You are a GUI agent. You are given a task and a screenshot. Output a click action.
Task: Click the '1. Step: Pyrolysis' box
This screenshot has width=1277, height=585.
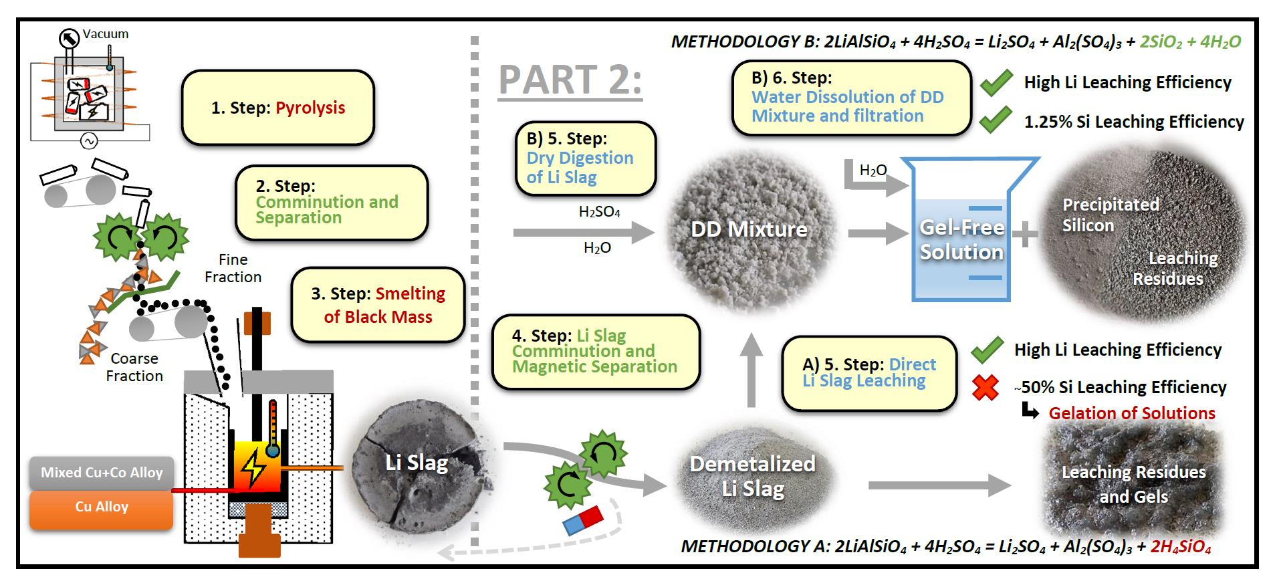pos(277,108)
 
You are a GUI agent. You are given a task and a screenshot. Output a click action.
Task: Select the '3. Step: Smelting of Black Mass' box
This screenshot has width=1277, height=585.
pos(378,305)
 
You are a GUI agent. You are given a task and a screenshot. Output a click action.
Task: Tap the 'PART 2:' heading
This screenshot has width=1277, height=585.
pos(570,80)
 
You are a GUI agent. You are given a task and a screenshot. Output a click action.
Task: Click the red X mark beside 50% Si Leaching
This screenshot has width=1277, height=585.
pos(985,387)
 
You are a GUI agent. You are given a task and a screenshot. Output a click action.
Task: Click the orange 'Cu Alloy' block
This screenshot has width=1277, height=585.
pos(102,507)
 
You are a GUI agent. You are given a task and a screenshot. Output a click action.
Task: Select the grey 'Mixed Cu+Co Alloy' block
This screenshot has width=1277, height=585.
pos(102,473)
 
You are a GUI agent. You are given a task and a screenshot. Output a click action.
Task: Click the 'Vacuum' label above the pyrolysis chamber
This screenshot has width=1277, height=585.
pos(106,34)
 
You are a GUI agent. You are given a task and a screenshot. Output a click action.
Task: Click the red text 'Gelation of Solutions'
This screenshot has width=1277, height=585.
pos(1131,413)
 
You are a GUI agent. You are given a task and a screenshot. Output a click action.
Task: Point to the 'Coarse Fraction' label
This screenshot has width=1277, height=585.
pos(134,367)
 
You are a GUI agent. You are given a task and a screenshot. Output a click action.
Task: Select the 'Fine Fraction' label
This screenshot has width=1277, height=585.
pos(233,268)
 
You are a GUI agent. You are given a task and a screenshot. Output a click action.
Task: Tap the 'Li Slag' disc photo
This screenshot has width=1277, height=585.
pos(416,463)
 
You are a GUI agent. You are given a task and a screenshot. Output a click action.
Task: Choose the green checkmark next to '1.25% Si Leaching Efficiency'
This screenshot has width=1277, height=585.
pos(996,120)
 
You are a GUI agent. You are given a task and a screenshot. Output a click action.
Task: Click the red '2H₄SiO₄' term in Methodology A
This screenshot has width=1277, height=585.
pos(1180,547)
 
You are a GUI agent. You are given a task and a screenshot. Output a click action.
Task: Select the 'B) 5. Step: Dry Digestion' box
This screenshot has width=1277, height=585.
pos(585,158)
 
